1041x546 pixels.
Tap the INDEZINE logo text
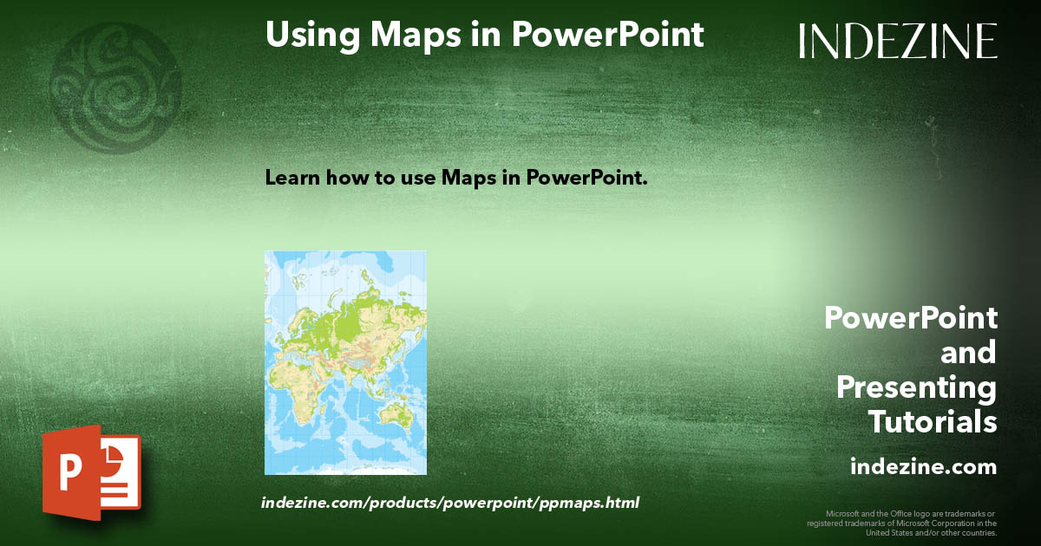tap(898, 41)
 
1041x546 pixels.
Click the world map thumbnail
tap(345, 362)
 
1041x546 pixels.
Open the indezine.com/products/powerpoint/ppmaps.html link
tap(450, 502)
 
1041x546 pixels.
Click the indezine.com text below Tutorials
tap(923, 467)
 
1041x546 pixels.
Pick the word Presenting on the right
tap(916, 387)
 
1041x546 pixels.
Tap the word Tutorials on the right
tap(933, 422)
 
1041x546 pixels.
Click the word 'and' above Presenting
tap(968, 353)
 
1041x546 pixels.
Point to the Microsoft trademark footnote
tap(902, 523)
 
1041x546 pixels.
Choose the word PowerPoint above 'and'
tap(910, 318)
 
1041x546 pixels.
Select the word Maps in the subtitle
tap(468, 179)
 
